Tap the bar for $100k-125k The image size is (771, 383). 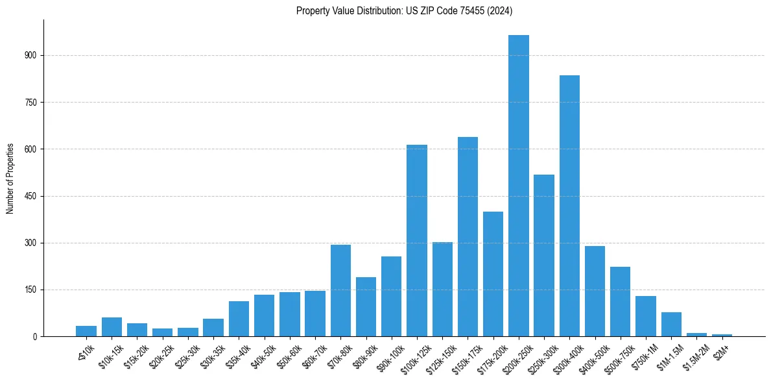[x=417, y=240]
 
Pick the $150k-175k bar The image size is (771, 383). [x=468, y=236]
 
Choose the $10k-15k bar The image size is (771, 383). [x=112, y=327]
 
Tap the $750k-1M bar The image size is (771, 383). [x=646, y=316]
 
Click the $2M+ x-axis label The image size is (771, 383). [x=722, y=349]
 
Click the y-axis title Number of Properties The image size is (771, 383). [x=10, y=178]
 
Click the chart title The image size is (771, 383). [x=404, y=10]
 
